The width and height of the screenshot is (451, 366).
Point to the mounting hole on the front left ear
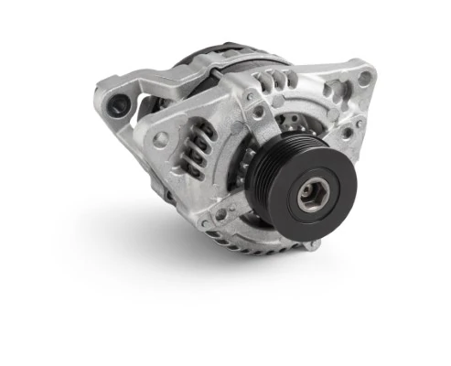pyautogui.click(x=161, y=140)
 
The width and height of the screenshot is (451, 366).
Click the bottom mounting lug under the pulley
pyautogui.click(x=311, y=243)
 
